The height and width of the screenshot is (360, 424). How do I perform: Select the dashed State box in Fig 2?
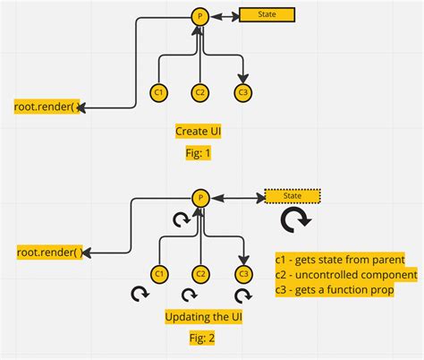(293, 197)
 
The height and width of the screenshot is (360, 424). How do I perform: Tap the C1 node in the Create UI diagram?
(159, 91)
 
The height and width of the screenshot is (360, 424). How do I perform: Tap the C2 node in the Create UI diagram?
(200, 91)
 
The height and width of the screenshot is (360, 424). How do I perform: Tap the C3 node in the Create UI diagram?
(242, 91)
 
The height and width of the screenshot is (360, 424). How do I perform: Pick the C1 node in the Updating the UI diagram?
(159, 273)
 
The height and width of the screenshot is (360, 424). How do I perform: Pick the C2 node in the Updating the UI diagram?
(200, 273)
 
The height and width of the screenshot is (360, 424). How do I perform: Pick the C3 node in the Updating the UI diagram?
(242, 273)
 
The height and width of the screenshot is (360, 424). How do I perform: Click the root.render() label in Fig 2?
(48, 253)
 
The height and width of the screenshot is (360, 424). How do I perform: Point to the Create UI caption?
(198, 131)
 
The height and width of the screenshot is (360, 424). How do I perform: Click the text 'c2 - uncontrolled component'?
(345, 274)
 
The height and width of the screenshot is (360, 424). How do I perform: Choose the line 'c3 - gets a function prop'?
(335, 289)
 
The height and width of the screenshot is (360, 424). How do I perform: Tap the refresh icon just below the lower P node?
(182, 218)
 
